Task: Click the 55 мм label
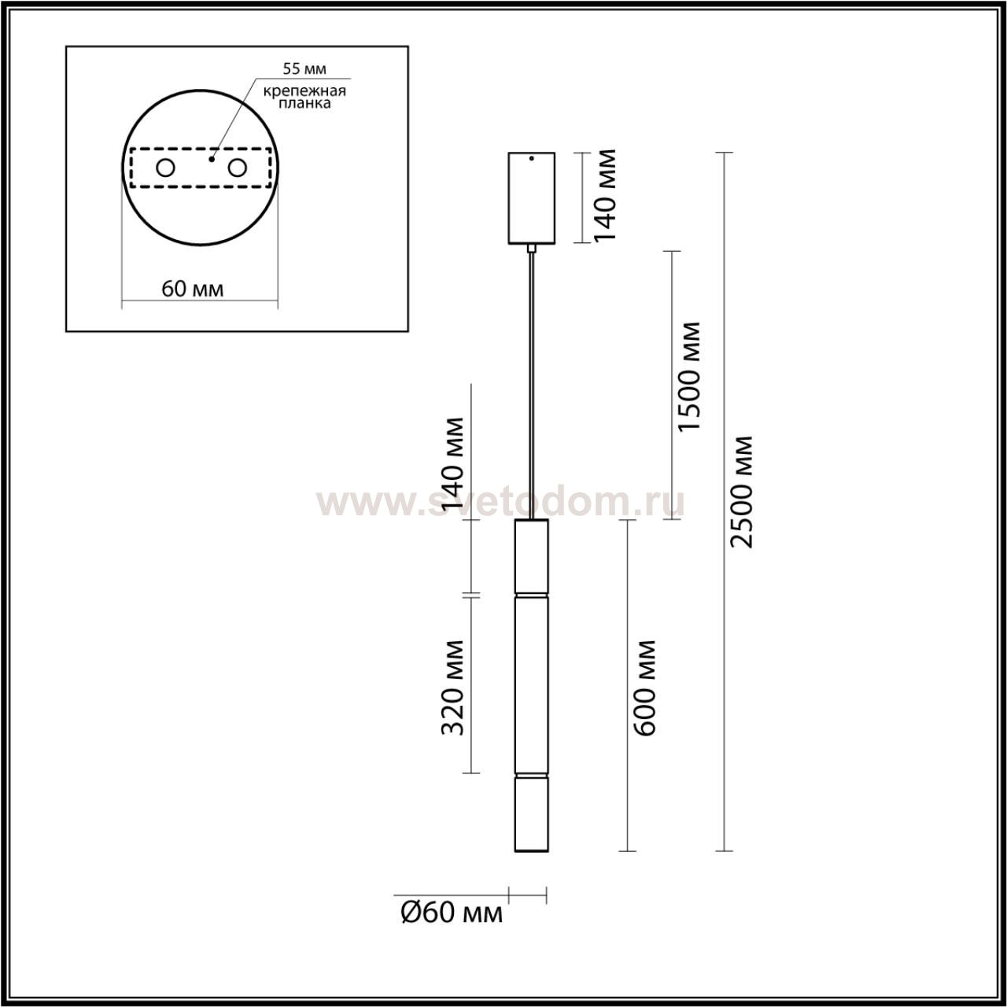coord(304,68)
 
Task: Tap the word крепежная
coord(304,91)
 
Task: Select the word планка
coord(304,103)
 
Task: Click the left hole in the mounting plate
coord(166,168)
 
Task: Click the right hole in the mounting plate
coord(238,168)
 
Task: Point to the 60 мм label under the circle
coord(192,289)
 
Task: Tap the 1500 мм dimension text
coord(688,377)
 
